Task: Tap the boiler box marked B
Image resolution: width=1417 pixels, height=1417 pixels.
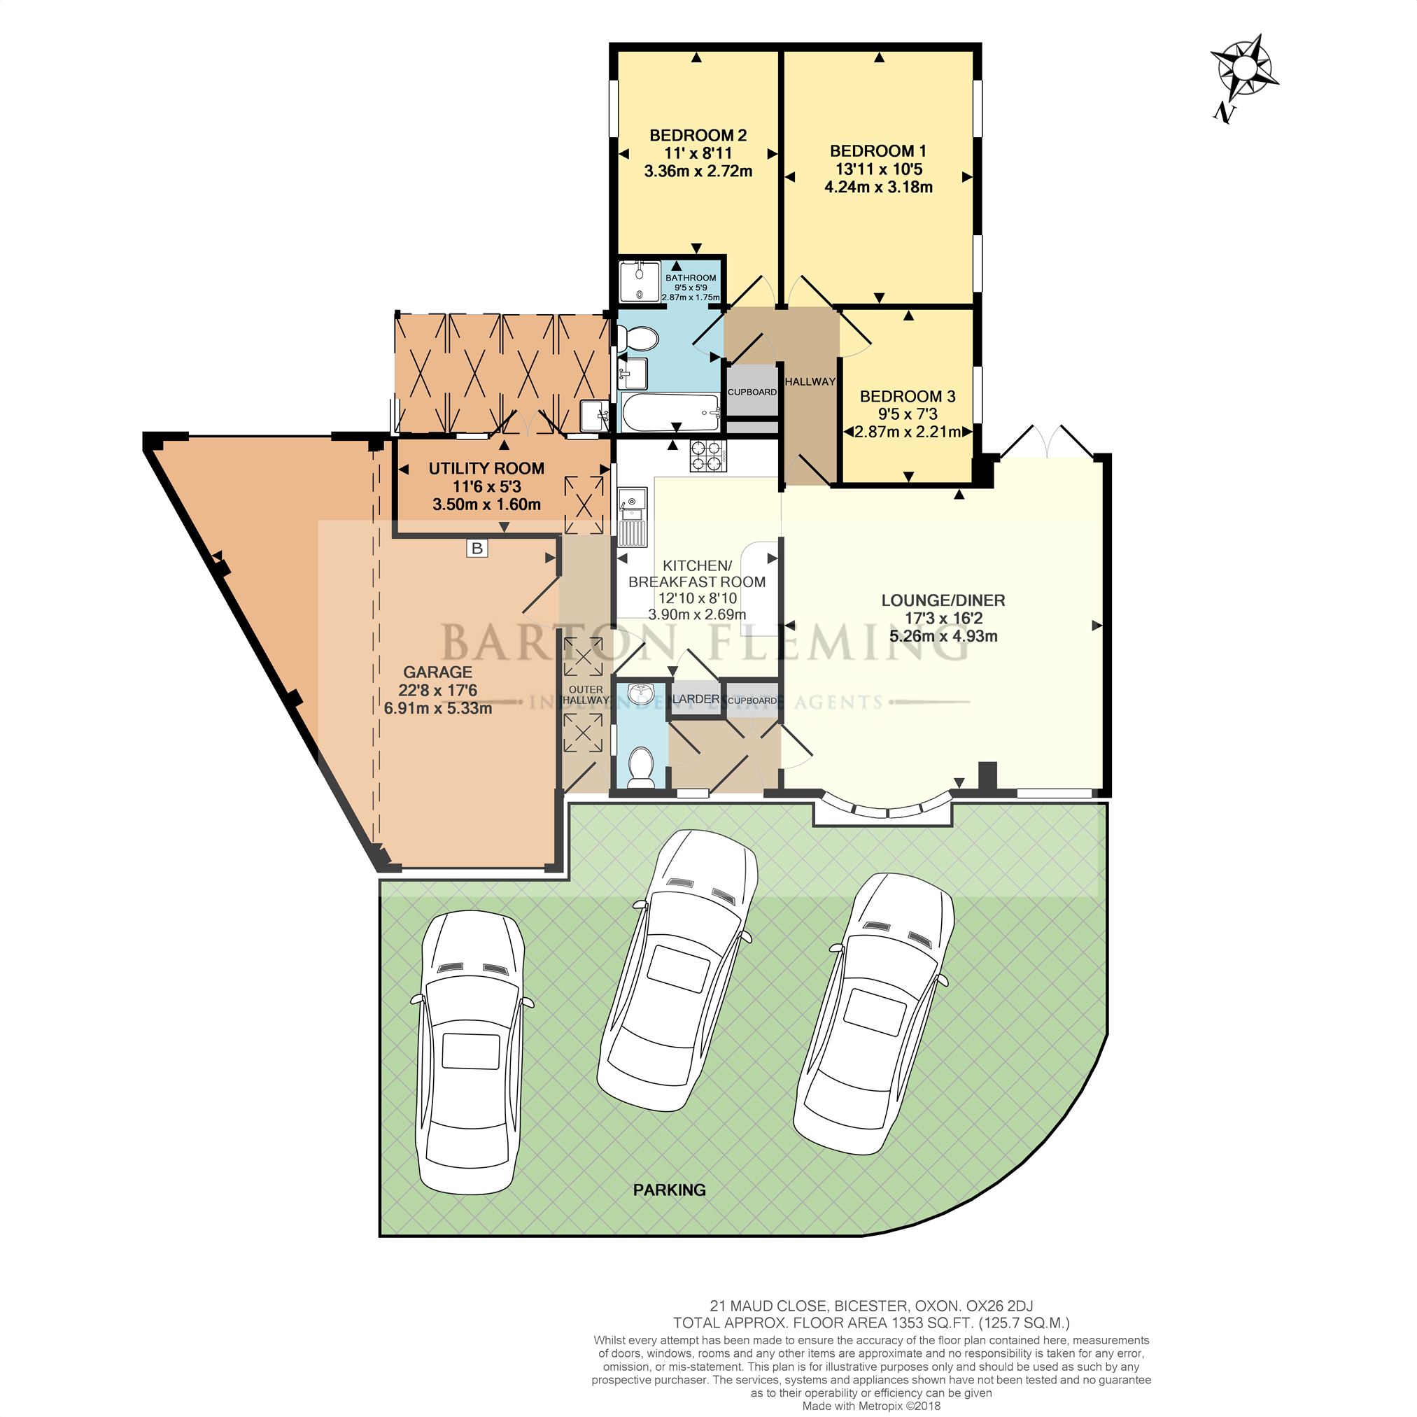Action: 477,548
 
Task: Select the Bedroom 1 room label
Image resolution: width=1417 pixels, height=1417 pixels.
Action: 878,151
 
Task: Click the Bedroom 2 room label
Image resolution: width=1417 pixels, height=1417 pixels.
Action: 698,135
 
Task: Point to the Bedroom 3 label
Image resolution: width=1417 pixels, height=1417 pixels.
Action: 908,396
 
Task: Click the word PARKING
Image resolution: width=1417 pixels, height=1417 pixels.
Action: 670,1190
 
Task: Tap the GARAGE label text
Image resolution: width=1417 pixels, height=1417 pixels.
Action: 438,672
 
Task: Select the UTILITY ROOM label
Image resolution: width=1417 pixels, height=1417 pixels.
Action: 486,468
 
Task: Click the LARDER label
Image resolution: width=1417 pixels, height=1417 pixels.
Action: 696,699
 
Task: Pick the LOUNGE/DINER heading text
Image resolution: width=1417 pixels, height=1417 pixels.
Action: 943,600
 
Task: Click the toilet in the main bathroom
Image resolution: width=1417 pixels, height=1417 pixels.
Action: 637,339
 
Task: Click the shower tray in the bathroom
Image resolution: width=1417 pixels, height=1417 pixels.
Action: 640,281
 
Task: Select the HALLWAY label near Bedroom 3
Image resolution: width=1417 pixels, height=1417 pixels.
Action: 810,381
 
